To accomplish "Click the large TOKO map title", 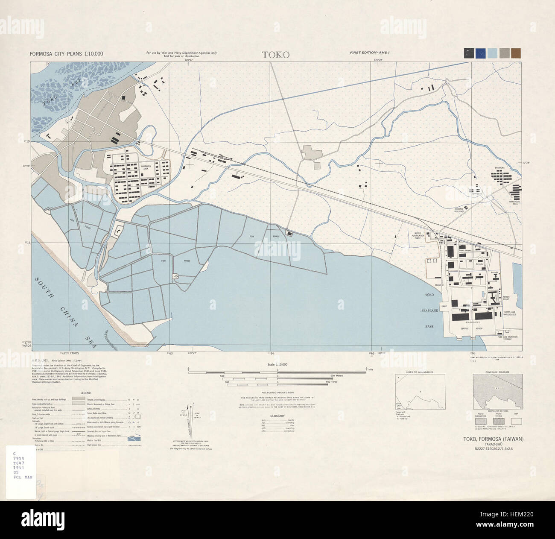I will click(x=275, y=55).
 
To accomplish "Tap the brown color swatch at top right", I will click(x=516, y=53).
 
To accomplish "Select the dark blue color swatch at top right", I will click(x=480, y=53).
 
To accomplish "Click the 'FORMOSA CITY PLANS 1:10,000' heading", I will click(x=66, y=54).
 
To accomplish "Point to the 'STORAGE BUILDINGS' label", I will click(x=459, y=211).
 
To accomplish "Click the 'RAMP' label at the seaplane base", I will click(x=444, y=306).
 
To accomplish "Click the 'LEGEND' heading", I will click(x=85, y=393).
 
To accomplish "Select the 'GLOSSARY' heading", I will click(x=277, y=415).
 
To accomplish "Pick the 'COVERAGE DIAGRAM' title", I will click(x=497, y=372).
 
